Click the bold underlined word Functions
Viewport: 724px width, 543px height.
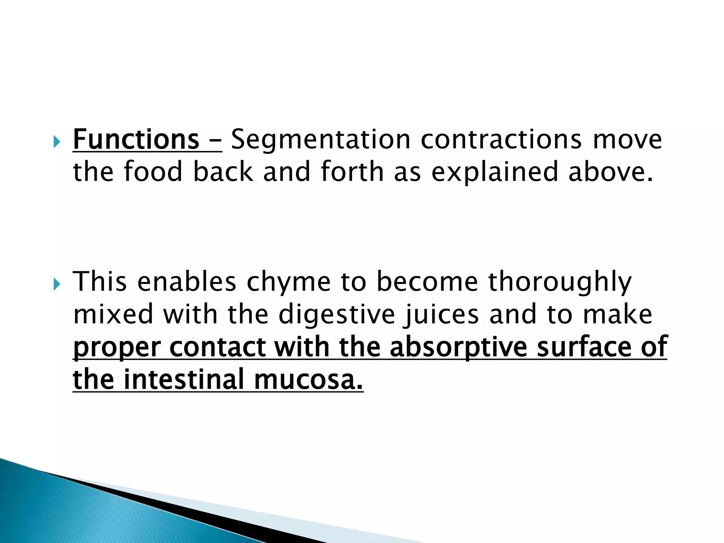point(136,140)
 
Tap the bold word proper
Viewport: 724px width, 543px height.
point(117,348)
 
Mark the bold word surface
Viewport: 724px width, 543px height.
point(584,347)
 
